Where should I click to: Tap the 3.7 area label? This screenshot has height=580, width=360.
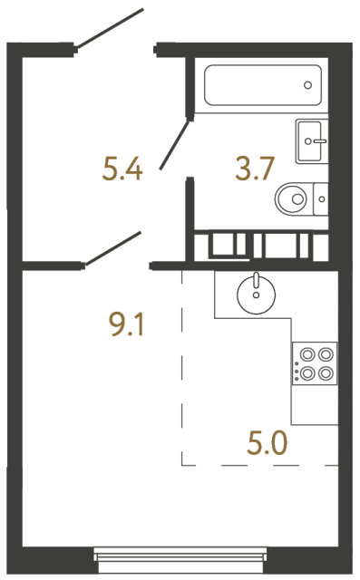[255, 169]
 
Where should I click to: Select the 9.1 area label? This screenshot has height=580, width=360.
[126, 324]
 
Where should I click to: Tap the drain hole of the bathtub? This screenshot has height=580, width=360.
[308, 86]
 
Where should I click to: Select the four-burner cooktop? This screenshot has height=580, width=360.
[315, 362]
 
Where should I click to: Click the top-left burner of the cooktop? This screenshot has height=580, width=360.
[306, 354]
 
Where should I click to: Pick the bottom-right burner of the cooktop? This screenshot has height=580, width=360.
[324, 372]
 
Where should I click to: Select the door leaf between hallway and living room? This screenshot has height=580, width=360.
[112, 248]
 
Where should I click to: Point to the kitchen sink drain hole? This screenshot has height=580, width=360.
[257, 295]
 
